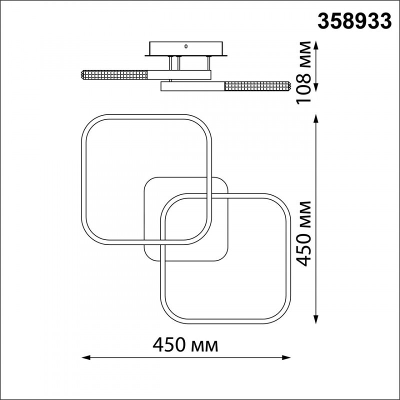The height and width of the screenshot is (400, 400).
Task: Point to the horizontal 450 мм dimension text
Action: point(186,344)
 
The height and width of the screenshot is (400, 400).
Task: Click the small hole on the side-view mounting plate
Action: point(186,46)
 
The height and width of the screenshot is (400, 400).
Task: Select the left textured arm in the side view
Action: point(114,75)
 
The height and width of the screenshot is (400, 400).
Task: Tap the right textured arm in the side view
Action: point(257,86)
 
